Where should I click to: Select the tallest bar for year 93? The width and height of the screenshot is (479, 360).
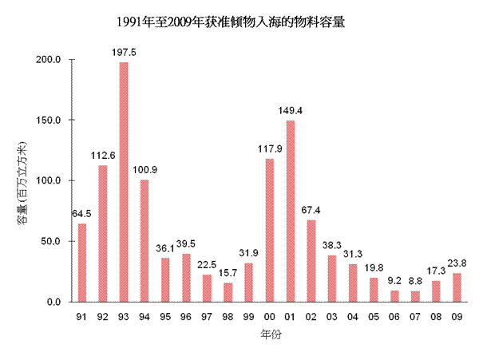pyautogui.click(x=124, y=182)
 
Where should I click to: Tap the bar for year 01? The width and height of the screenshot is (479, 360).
pyautogui.click(x=291, y=211)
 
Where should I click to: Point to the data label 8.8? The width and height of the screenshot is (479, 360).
pyautogui.click(x=415, y=281)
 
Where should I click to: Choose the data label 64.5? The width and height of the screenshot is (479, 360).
pyautogui.click(x=82, y=214)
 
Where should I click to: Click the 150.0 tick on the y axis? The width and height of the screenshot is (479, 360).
pyautogui.click(x=51, y=121)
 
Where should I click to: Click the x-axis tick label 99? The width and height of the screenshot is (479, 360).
pyautogui.click(x=249, y=317)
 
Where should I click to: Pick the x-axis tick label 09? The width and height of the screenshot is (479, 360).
pyautogui.click(x=457, y=317)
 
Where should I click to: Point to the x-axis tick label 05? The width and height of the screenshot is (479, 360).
pyautogui.click(x=374, y=317)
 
